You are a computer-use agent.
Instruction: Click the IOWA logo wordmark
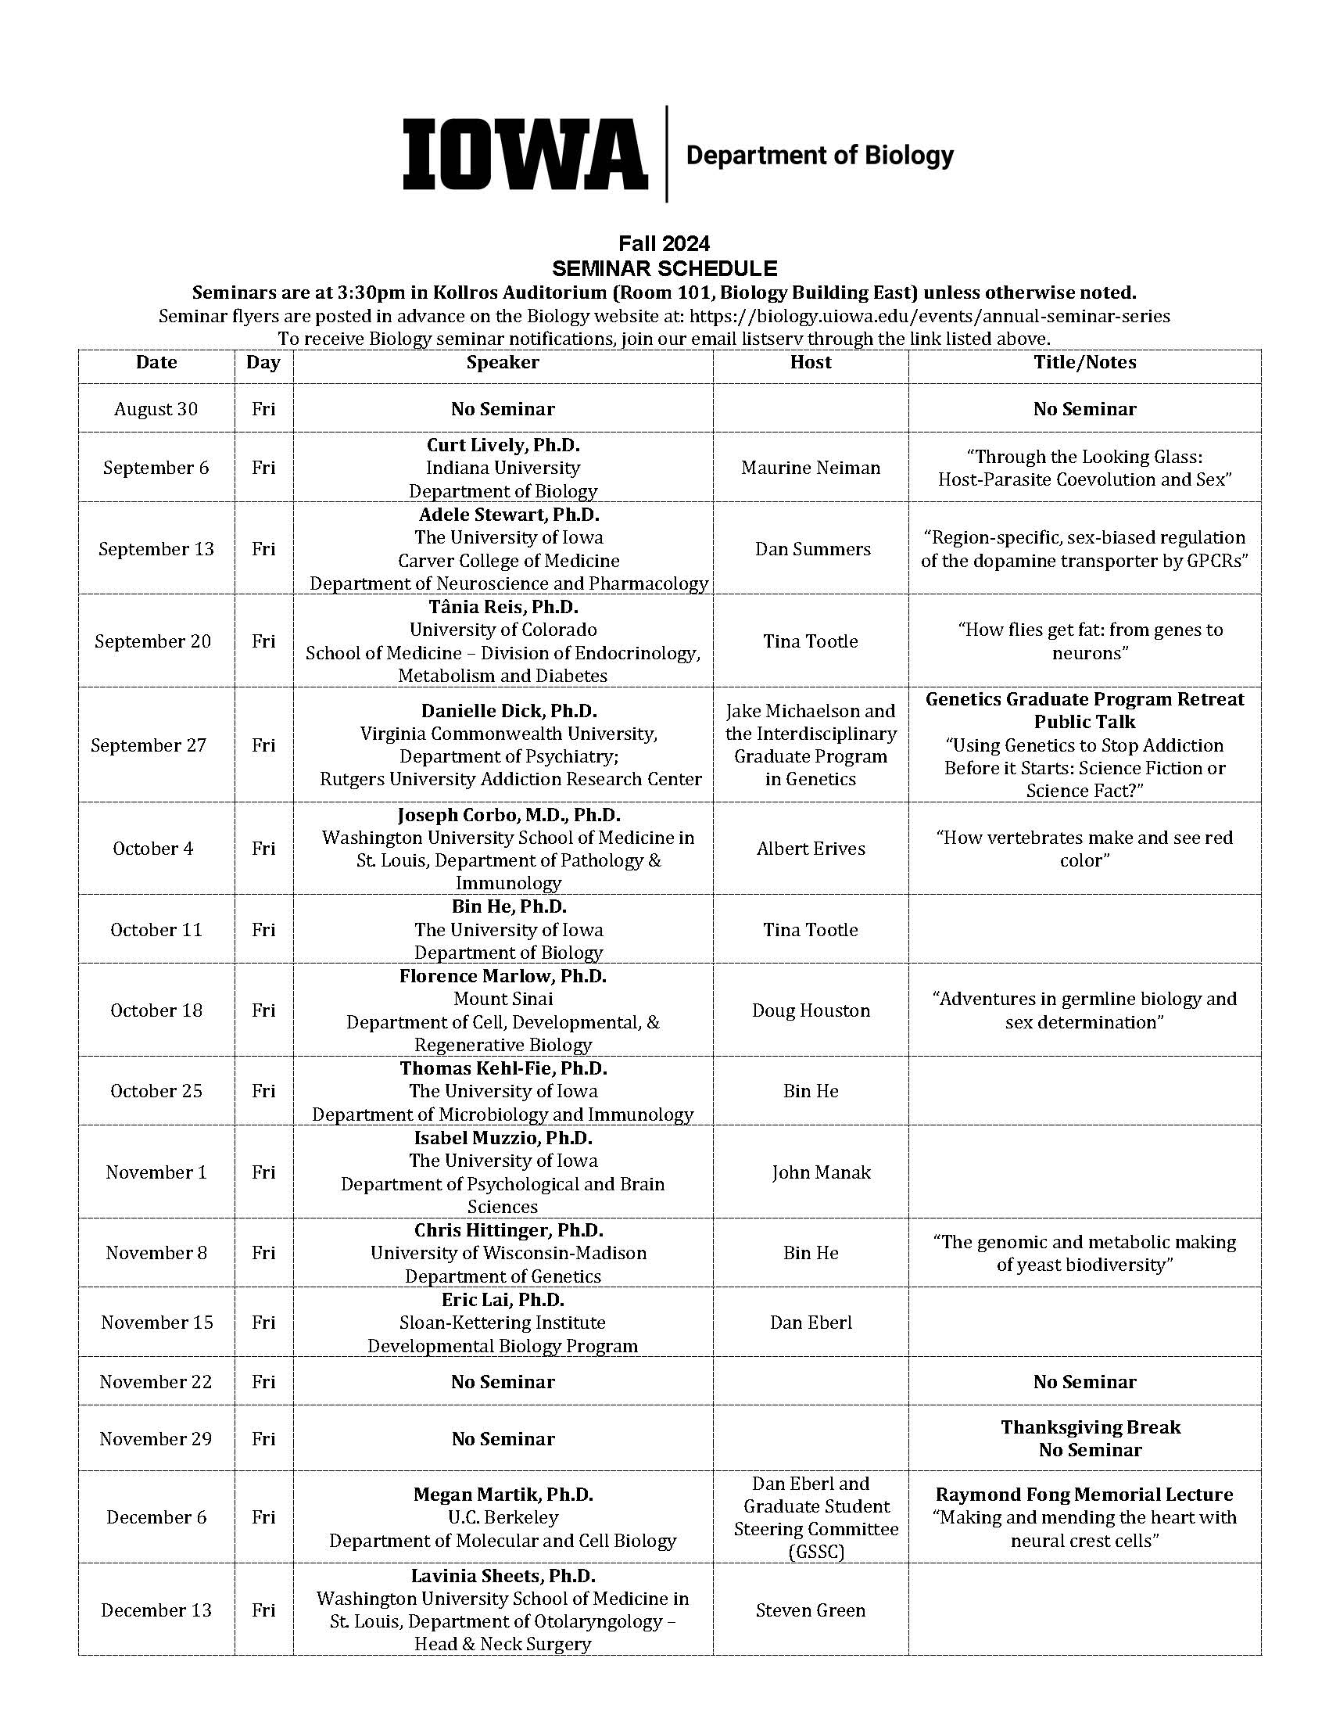click(525, 154)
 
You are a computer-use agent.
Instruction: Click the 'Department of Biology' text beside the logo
click(819, 155)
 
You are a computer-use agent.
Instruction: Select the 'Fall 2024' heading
click(664, 243)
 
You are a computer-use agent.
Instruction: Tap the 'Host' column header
click(810, 362)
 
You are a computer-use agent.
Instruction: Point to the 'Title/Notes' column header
click(1084, 362)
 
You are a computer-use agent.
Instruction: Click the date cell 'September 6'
click(156, 468)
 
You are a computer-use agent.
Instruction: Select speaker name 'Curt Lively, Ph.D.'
click(503, 445)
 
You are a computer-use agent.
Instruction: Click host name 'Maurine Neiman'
click(810, 468)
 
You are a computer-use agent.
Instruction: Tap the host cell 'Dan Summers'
click(812, 549)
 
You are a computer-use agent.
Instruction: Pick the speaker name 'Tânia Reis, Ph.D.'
click(503, 608)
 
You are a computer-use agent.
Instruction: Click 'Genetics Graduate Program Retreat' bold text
click(1084, 699)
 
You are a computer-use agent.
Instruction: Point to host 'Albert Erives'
click(810, 849)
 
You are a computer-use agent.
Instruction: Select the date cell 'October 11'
click(156, 930)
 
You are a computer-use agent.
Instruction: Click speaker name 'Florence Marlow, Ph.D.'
click(503, 977)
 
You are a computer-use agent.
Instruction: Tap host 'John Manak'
click(820, 1172)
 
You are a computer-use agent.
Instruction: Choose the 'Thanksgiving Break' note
click(1090, 1427)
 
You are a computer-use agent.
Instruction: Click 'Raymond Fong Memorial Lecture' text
click(1084, 1495)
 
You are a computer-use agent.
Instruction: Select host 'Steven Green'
click(810, 1610)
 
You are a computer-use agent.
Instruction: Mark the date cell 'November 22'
click(156, 1382)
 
